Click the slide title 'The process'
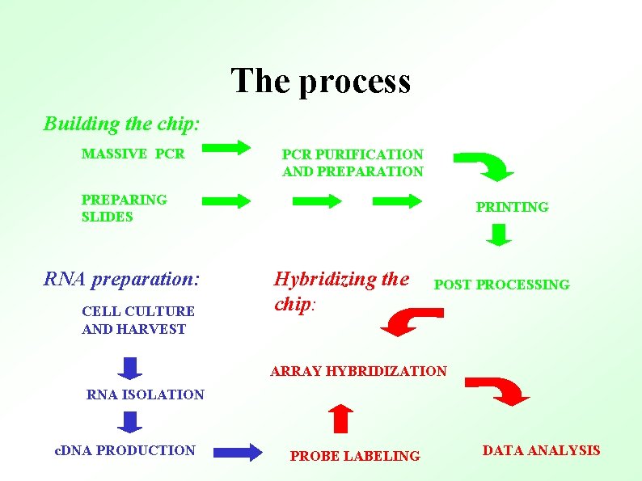click(321, 82)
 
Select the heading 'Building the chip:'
click(121, 124)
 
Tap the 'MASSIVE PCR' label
click(133, 154)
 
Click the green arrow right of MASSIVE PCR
click(226, 148)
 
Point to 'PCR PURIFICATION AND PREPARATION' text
click(353, 162)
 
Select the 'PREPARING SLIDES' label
click(124, 208)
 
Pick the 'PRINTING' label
click(512, 207)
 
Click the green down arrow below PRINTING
click(500, 234)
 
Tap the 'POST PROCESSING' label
click(501, 285)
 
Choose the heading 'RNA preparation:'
click(121, 280)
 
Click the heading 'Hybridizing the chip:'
click(341, 290)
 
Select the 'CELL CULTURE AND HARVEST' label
click(137, 320)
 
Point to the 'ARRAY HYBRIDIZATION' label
click(358, 371)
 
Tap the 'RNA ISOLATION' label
click(146, 395)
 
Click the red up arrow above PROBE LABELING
click(342, 419)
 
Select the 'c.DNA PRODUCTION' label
click(125, 450)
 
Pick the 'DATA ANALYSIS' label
click(541, 450)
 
